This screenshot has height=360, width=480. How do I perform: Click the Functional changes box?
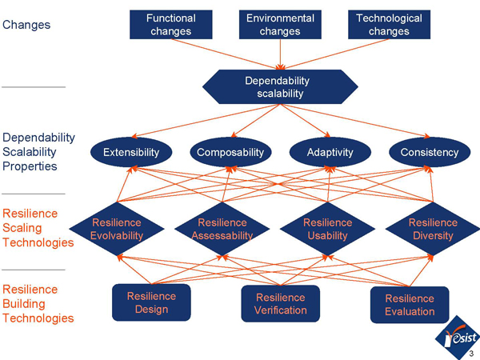pyautogui.click(x=170, y=25)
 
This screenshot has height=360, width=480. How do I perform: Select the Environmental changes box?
pyautogui.click(x=280, y=25)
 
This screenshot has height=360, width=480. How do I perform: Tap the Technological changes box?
pyautogui.click(x=389, y=25)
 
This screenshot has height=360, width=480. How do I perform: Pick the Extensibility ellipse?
pyautogui.click(x=131, y=152)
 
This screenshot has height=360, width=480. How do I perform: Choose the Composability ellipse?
pyautogui.click(x=230, y=152)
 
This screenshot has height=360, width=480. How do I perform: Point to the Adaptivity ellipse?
pyautogui.click(x=328, y=152)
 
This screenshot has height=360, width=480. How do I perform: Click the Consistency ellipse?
pyautogui.click(x=430, y=152)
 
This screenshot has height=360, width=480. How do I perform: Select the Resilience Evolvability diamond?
pyautogui.click(x=117, y=229)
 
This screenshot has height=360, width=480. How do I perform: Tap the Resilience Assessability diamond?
pyautogui.click(x=222, y=229)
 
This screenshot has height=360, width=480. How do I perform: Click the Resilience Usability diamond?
pyautogui.click(x=327, y=229)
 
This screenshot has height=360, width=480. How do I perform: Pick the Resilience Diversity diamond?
pyautogui.click(x=433, y=229)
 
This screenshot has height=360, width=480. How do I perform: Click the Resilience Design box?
pyautogui.click(x=151, y=302)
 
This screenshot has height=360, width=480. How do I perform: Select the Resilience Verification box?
pyautogui.click(x=280, y=304)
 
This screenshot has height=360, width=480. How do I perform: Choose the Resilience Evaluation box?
pyautogui.click(x=409, y=305)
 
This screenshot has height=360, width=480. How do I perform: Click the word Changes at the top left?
pyautogui.click(x=26, y=25)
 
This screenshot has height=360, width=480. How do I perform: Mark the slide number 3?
pyautogui.click(x=472, y=354)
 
